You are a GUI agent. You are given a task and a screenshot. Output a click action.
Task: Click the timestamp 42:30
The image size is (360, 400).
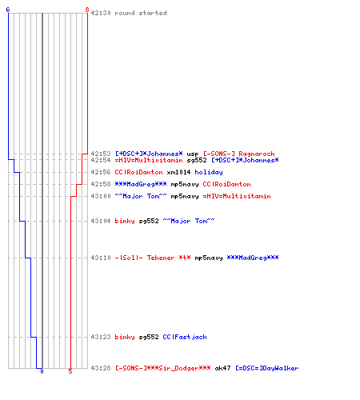101,13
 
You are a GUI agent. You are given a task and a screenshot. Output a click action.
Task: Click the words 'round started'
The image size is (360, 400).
141,13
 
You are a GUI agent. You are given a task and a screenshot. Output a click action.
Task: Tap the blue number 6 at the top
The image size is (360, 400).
8,10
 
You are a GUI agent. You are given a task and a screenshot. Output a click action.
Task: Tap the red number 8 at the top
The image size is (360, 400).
87,10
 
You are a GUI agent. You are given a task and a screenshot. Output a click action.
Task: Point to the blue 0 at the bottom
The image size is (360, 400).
42,371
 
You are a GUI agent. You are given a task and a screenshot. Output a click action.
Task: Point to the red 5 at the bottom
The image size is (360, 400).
70,371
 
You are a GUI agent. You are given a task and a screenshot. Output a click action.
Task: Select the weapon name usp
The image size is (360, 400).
193,154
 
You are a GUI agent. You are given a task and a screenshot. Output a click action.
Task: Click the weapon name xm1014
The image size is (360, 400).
178,172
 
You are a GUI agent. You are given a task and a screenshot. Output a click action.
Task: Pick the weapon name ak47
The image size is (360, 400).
222,368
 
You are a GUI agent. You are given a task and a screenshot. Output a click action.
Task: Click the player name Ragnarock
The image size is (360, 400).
257,154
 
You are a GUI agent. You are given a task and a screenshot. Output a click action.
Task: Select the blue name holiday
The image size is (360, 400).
209,173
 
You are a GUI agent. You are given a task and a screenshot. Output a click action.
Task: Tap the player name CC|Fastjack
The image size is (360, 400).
185,337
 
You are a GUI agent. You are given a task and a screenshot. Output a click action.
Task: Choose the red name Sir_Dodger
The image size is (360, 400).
185,368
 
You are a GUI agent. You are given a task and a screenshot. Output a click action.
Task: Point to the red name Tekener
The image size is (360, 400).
161,258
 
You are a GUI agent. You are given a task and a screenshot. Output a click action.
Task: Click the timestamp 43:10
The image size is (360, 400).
101,258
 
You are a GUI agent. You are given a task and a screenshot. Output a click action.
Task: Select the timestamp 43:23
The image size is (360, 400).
101,337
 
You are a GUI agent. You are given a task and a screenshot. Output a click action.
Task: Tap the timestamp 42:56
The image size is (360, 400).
101,172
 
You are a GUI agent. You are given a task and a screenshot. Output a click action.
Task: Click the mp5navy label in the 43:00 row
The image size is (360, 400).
185,197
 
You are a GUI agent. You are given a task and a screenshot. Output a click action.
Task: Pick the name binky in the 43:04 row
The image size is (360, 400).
125,221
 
